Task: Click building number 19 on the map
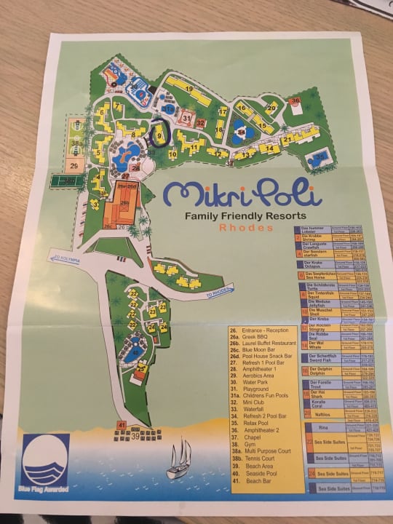(189, 89)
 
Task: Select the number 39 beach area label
(135, 437)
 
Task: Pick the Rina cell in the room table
(323, 429)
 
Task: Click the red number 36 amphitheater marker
(295, 101)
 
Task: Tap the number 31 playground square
(187, 117)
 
